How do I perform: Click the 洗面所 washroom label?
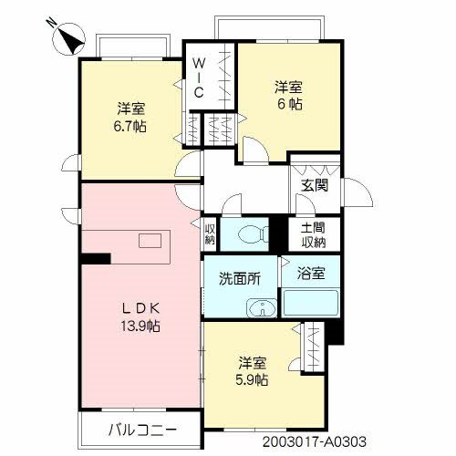(239, 279)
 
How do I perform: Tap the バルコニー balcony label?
(140, 429)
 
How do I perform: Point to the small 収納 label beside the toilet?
(210, 234)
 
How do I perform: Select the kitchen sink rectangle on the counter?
(148, 241)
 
